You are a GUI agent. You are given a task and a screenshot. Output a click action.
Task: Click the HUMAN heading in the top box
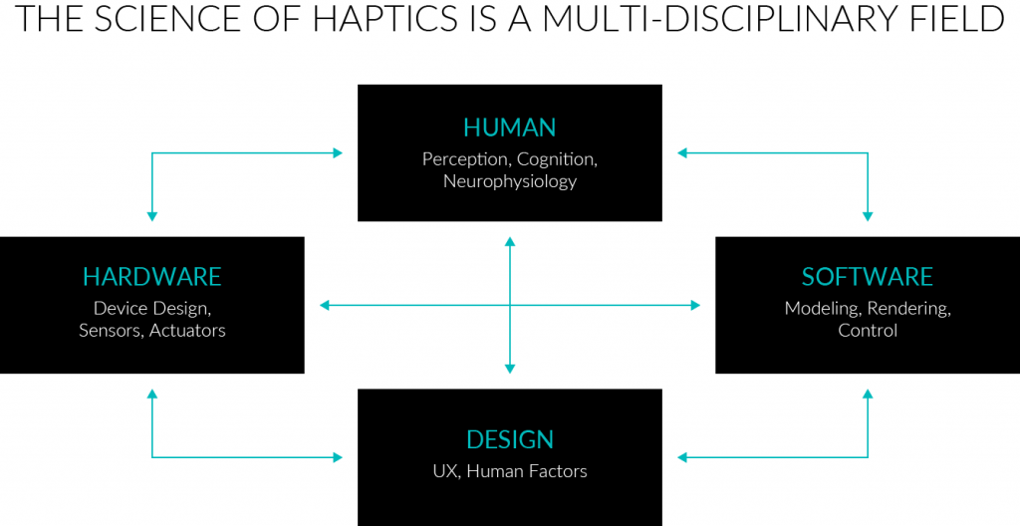509,128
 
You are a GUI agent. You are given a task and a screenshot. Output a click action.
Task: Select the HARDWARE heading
151,276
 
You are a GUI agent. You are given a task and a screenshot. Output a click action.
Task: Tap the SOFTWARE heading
867,276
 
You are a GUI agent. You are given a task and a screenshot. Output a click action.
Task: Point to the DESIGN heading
509,439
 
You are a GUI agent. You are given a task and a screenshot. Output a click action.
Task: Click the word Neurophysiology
509,181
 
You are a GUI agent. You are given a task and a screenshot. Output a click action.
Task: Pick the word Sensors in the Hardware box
111,330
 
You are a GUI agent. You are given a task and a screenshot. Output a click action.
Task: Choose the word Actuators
187,330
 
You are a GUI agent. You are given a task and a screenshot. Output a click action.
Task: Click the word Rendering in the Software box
909,308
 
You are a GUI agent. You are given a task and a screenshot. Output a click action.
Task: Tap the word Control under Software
867,330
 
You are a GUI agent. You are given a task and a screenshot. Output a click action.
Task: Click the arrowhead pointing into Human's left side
338,153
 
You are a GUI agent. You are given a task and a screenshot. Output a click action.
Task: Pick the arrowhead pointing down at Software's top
867,215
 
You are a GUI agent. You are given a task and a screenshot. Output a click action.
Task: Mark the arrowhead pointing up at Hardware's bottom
151,394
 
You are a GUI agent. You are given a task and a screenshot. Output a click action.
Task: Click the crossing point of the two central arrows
509,305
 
